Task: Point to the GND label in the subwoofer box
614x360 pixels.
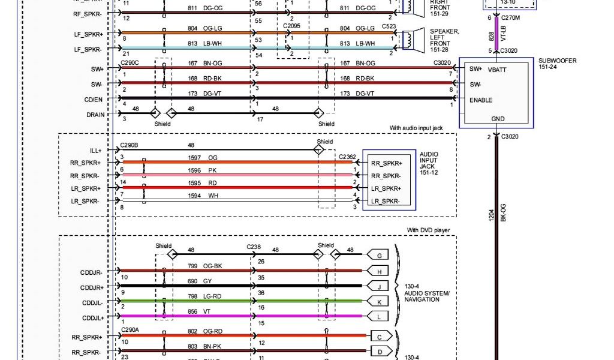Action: point(498,119)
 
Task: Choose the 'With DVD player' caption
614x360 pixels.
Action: point(428,230)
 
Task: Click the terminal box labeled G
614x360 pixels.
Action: point(378,256)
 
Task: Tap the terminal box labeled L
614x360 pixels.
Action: point(378,316)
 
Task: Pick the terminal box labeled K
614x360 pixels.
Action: point(378,301)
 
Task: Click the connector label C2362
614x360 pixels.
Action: point(347,157)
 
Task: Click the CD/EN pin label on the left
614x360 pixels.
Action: point(94,100)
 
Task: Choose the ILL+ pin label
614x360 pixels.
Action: point(96,151)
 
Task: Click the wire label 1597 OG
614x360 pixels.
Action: point(201,157)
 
